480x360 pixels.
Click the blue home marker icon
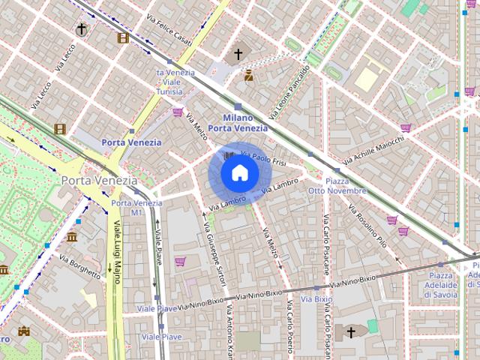point(240,173)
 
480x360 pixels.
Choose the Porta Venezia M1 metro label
point(126,208)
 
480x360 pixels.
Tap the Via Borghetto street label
point(79,266)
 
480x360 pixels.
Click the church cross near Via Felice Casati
point(238,54)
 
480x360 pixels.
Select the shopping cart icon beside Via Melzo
point(178,112)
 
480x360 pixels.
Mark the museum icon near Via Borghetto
point(72,237)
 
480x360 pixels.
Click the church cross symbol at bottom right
point(350,331)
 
